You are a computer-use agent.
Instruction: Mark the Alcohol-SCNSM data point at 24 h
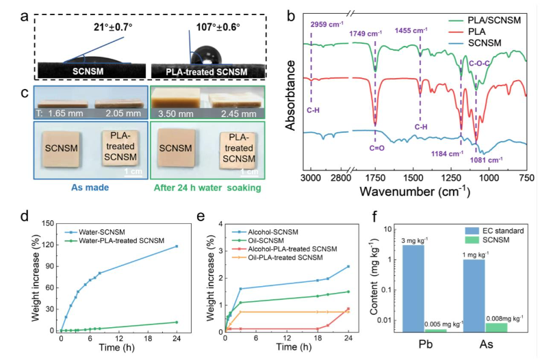click(x=348, y=266)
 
